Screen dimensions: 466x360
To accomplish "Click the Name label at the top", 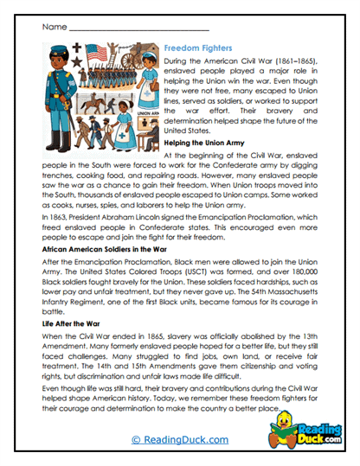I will (49, 28).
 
